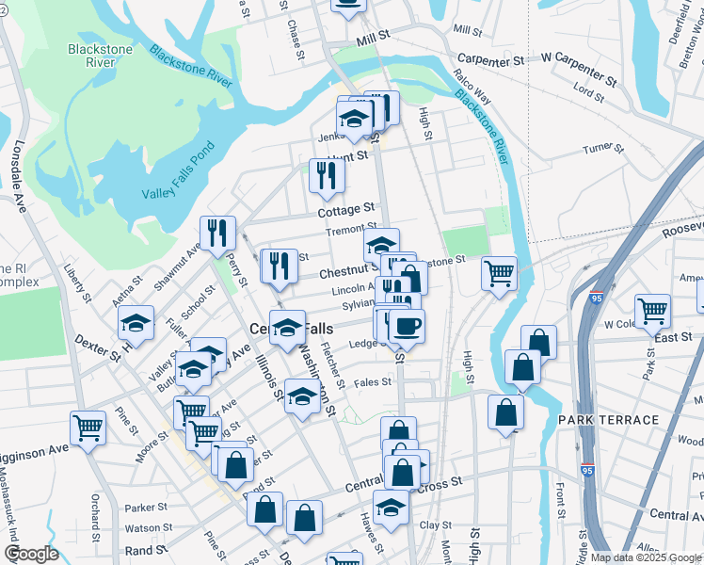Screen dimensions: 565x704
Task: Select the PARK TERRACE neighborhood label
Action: pyautogui.click(x=608, y=419)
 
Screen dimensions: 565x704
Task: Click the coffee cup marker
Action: pyautogui.click(x=407, y=326)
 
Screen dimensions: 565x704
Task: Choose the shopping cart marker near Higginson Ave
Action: pyautogui.click(x=88, y=427)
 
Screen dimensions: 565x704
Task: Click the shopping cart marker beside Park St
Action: pyautogui.click(x=652, y=310)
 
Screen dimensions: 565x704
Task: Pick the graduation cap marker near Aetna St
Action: pyautogui.click(x=136, y=322)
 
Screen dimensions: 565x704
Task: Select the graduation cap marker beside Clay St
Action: pyautogui.click(x=392, y=507)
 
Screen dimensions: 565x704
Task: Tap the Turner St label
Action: pyautogui.click(x=604, y=148)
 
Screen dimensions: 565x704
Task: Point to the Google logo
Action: pyautogui.click(x=30, y=554)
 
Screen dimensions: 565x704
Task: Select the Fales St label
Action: pyautogui.click(x=373, y=382)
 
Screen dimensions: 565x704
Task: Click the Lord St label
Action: pyautogui.click(x=588, y=92)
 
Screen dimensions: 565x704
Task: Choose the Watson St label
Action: pyautogui.click(x=144, y=528)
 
